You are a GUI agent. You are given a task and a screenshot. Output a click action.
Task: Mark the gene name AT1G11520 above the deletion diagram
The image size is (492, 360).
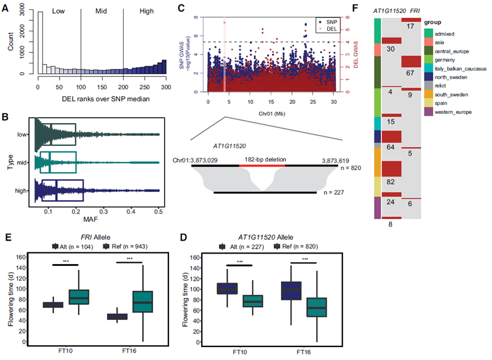pyautogui.click(x=231, y=147)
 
